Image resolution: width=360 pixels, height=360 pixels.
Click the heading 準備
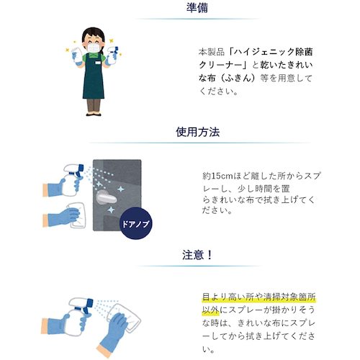point(179,9)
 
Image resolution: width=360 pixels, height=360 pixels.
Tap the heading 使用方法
point(179,132)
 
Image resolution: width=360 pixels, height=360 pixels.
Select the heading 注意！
point(179,256)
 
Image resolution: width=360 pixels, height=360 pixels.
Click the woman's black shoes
point(93,112)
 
